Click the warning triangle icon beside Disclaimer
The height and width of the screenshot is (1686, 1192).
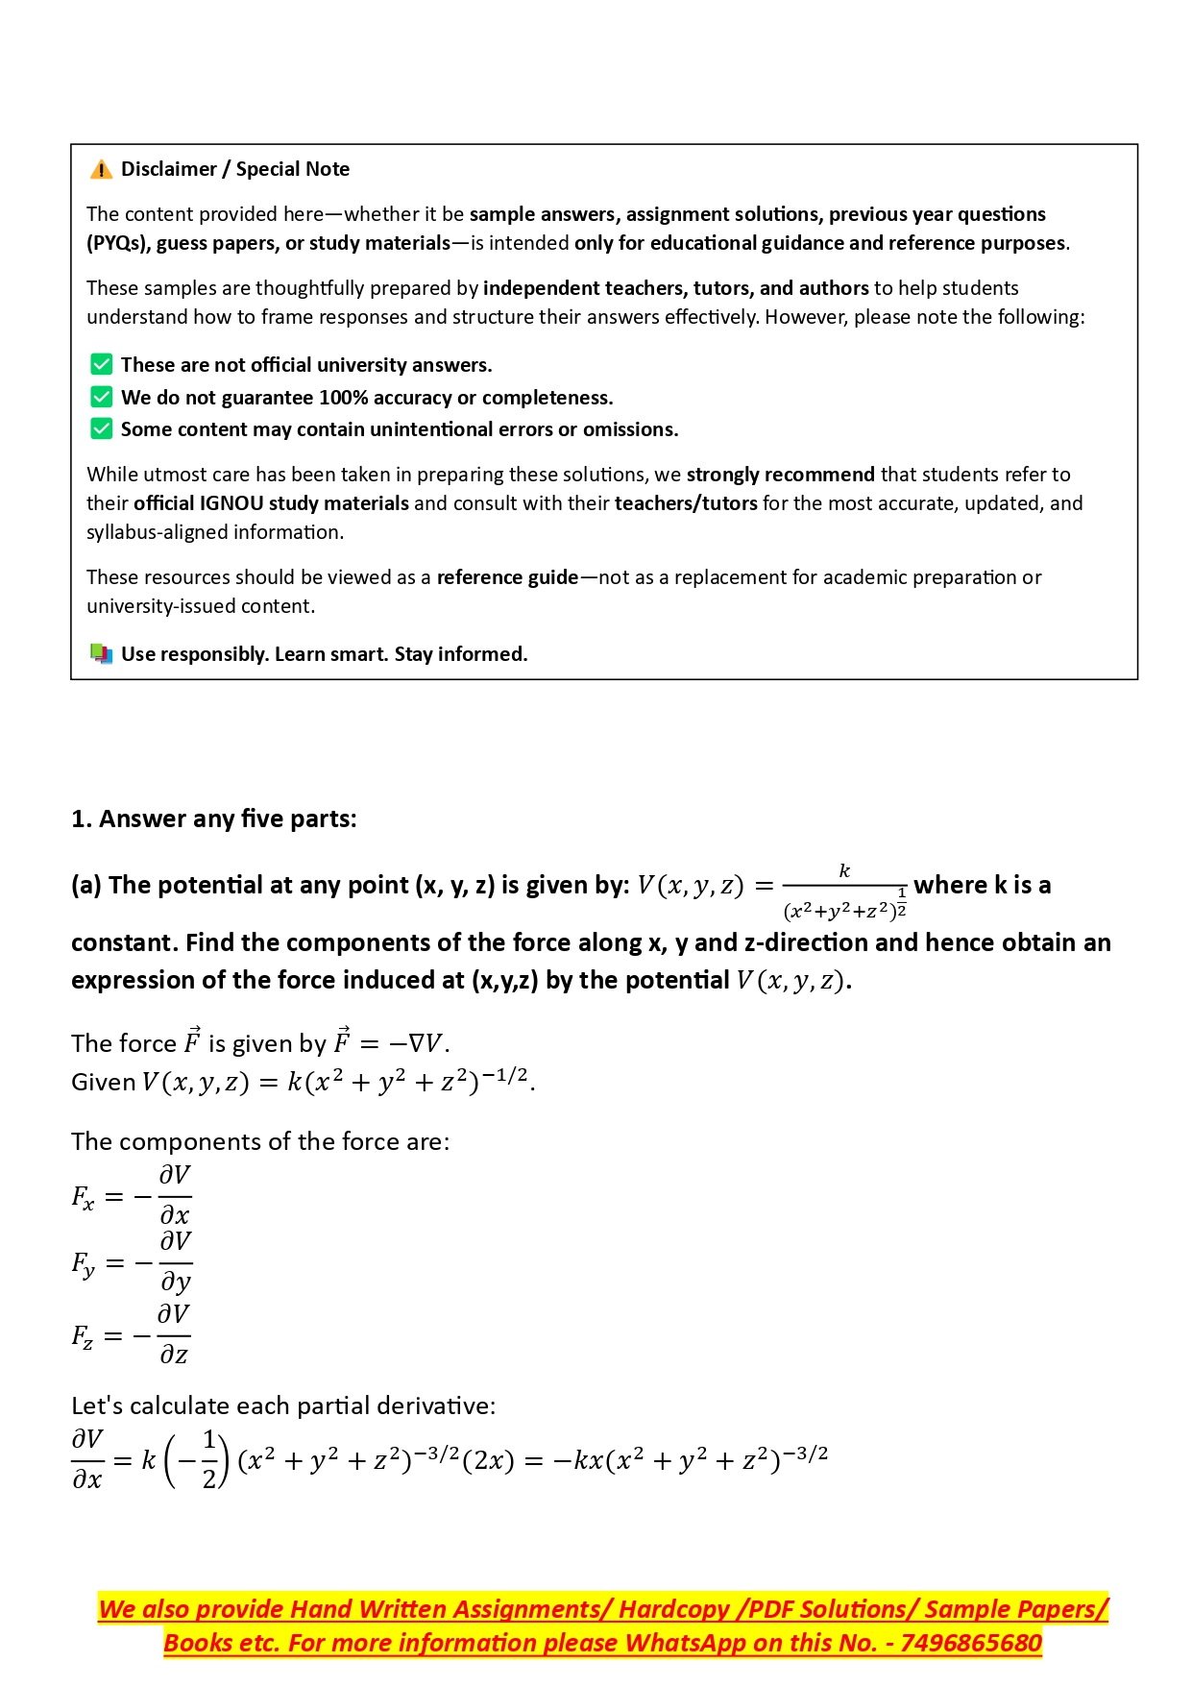click(101, 170)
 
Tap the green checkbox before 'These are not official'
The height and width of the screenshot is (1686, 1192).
click(101, 364)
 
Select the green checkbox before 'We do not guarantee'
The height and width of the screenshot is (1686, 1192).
click(101, 397)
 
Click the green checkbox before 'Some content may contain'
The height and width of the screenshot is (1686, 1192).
click(101, 428)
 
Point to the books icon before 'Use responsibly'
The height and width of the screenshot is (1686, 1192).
click(101, 653)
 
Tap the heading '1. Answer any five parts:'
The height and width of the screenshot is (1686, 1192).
click(213, 819)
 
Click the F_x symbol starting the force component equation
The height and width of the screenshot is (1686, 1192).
click(83, 1198)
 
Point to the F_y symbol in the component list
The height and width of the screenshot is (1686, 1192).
click(83, 1263)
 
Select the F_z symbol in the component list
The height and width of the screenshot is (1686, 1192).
click(83, 1336)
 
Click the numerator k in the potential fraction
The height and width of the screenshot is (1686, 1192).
click(844, 870)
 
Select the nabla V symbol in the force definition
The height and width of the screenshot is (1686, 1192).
click(426, 1043)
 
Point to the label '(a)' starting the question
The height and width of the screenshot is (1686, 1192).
click(86, 885)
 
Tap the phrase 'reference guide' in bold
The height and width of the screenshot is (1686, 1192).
click(507, 577)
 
